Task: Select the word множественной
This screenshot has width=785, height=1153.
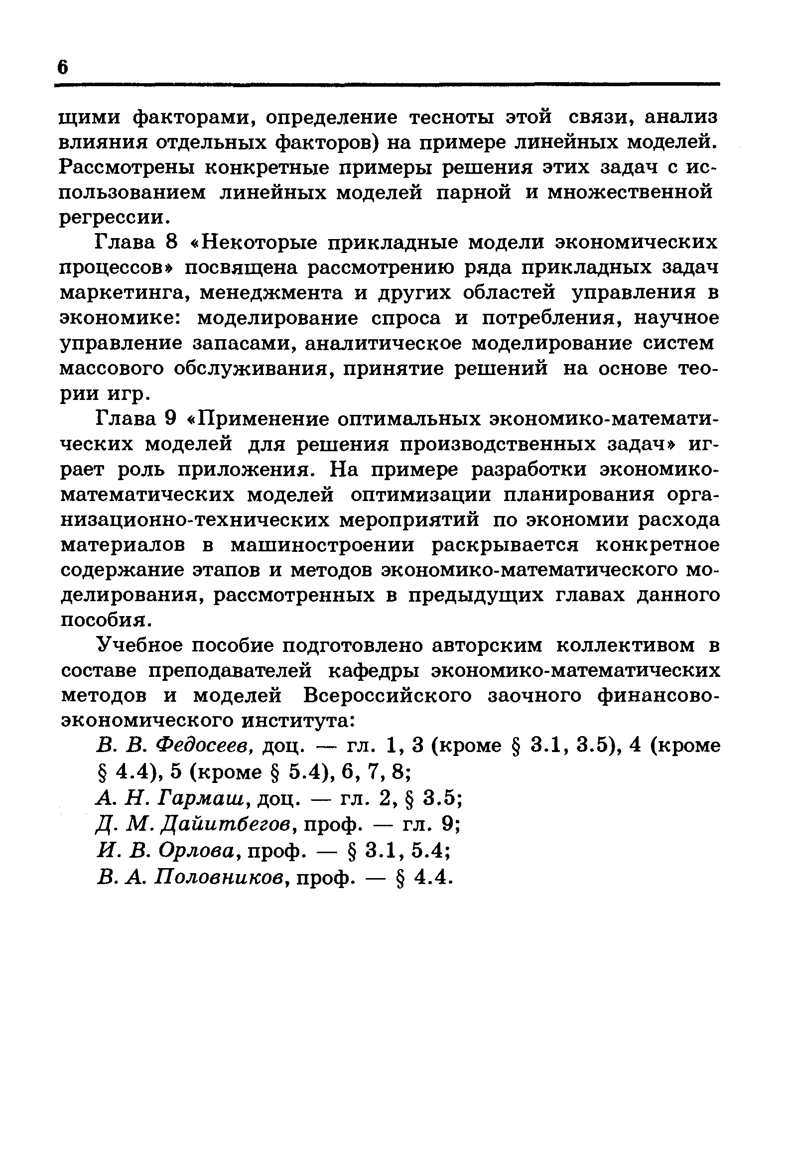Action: [x=630, y=193]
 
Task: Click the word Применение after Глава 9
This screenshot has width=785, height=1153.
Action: [x=260, y=419]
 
